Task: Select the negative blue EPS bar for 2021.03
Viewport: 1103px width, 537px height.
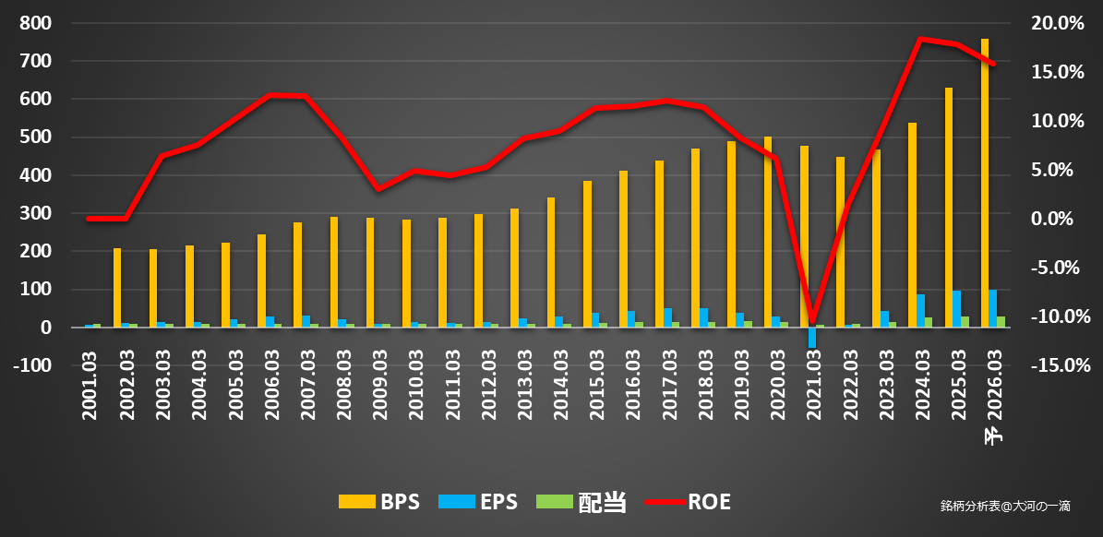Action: tap(811, 338)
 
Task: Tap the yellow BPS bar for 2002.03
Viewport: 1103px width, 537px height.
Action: tap(117, 288)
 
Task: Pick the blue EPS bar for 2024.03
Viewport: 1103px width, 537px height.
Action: tap(921, 311)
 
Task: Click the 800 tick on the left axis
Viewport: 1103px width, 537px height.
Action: tap(34, 23)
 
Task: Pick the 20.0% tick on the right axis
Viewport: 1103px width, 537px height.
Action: tap(1056, 23)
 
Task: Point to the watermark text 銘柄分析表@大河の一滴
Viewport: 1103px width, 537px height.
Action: tap(1005, 506)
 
